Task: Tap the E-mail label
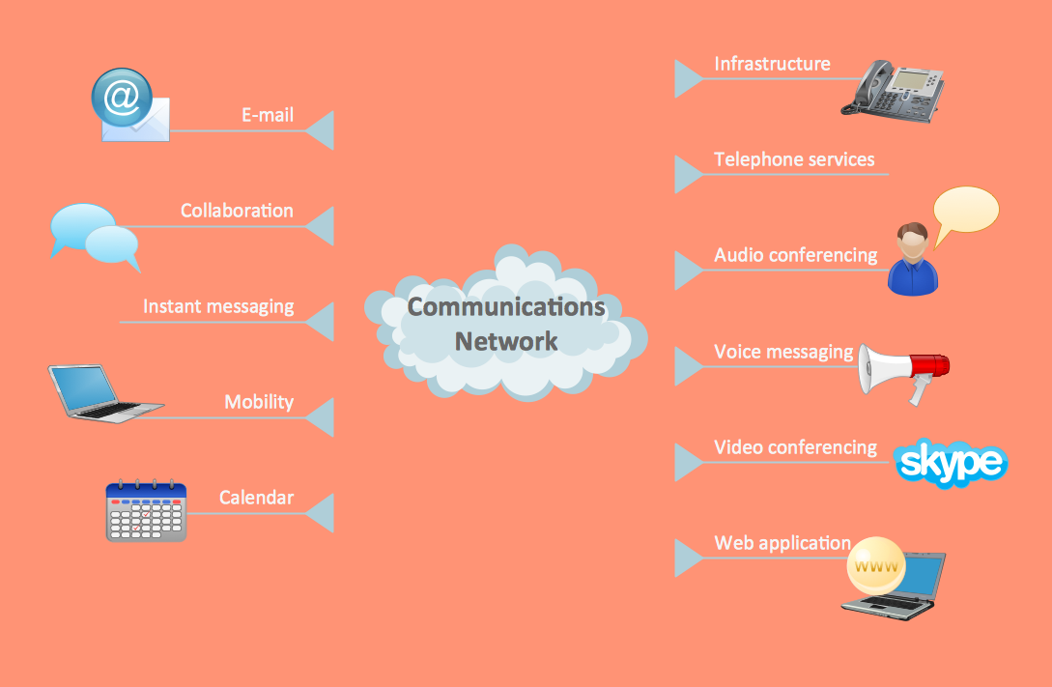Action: pos(267,116)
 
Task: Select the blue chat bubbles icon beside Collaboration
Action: pos(95,236)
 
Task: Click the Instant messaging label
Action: pos(218,306)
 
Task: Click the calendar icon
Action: pos(146,511)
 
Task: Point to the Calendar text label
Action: pos(256,498)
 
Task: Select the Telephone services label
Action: pos(794,159)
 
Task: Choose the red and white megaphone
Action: pos(903,371)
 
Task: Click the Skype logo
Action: pos(951,464)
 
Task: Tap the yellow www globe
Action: pos(876,566)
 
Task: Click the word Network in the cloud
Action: pos(506,340)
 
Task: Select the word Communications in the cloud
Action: pos(506,306)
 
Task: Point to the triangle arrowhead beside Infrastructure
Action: pos(687,78)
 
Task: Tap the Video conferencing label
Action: pos(795,447)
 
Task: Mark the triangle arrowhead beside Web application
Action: pos(687,558)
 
